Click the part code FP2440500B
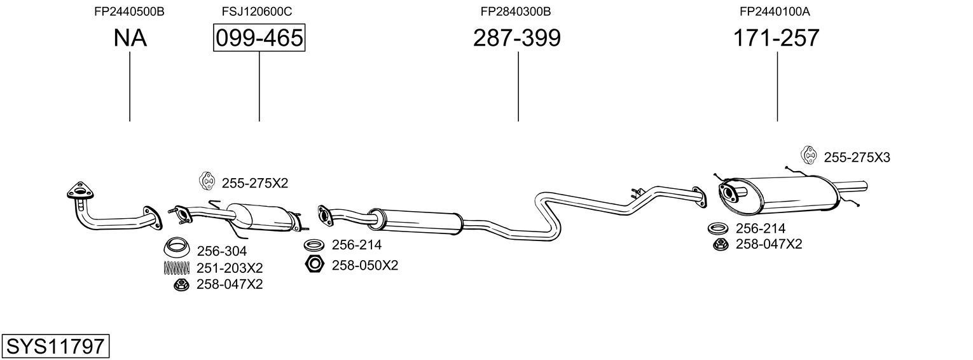point(129,11)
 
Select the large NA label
point(130,39)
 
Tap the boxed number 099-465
point(259,39)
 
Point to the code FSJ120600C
point(257,11)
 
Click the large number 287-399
point(516,39)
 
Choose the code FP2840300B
point(515,11)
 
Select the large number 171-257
point(776,39)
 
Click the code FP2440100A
point(774,11)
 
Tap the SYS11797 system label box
point(55,347)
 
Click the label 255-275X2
point(254,183)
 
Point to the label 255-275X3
point(857,157)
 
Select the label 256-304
point(221,251)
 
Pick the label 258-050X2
point(364,265)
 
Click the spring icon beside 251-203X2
point(177,268)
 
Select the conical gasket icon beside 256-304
point(178,246)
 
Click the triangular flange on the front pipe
point(79,191)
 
